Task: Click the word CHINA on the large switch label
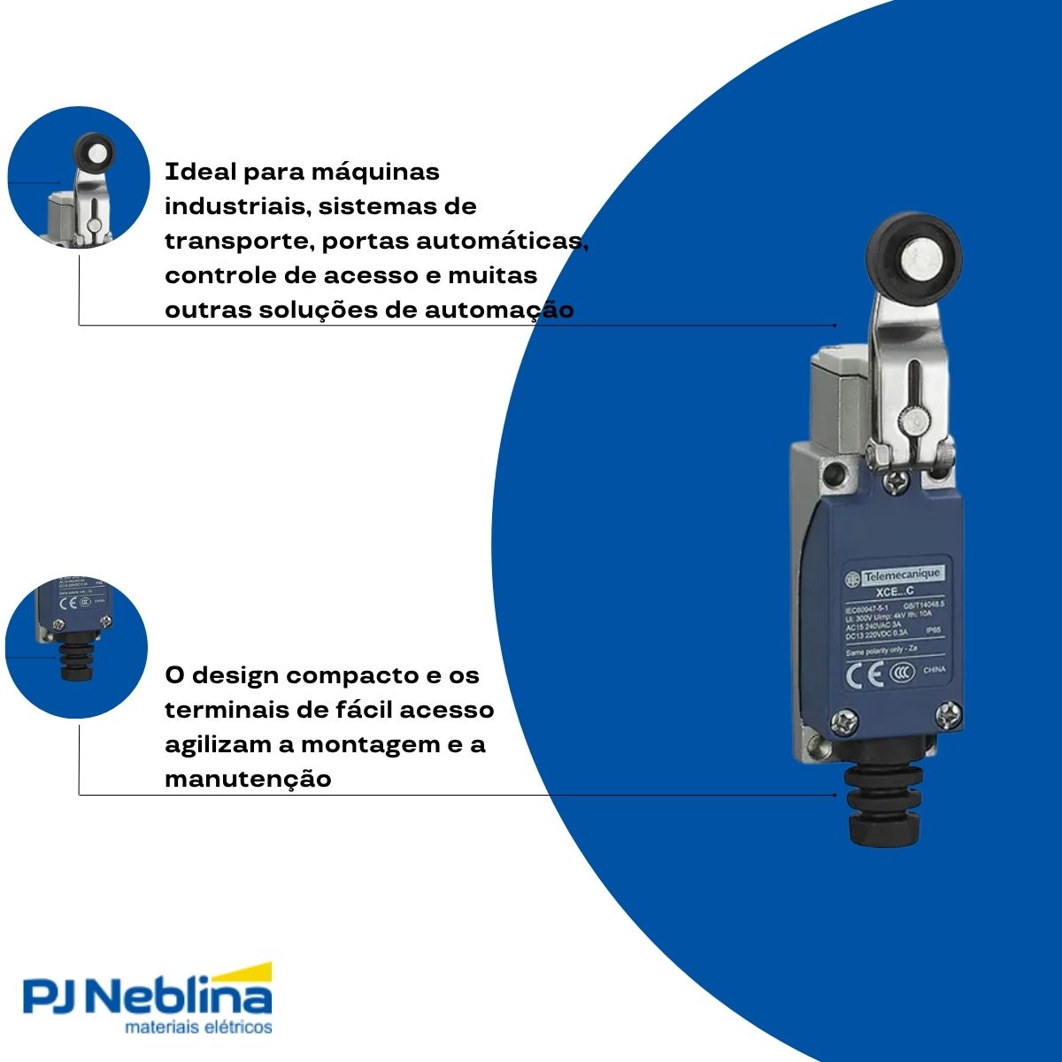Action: point(934,670)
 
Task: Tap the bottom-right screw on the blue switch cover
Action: point(948,714)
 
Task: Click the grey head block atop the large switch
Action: point(838,398)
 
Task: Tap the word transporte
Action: point(238,242)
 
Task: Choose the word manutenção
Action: point(248,780)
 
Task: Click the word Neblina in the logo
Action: point(182,997)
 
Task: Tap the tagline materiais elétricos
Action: point(198,1027)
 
